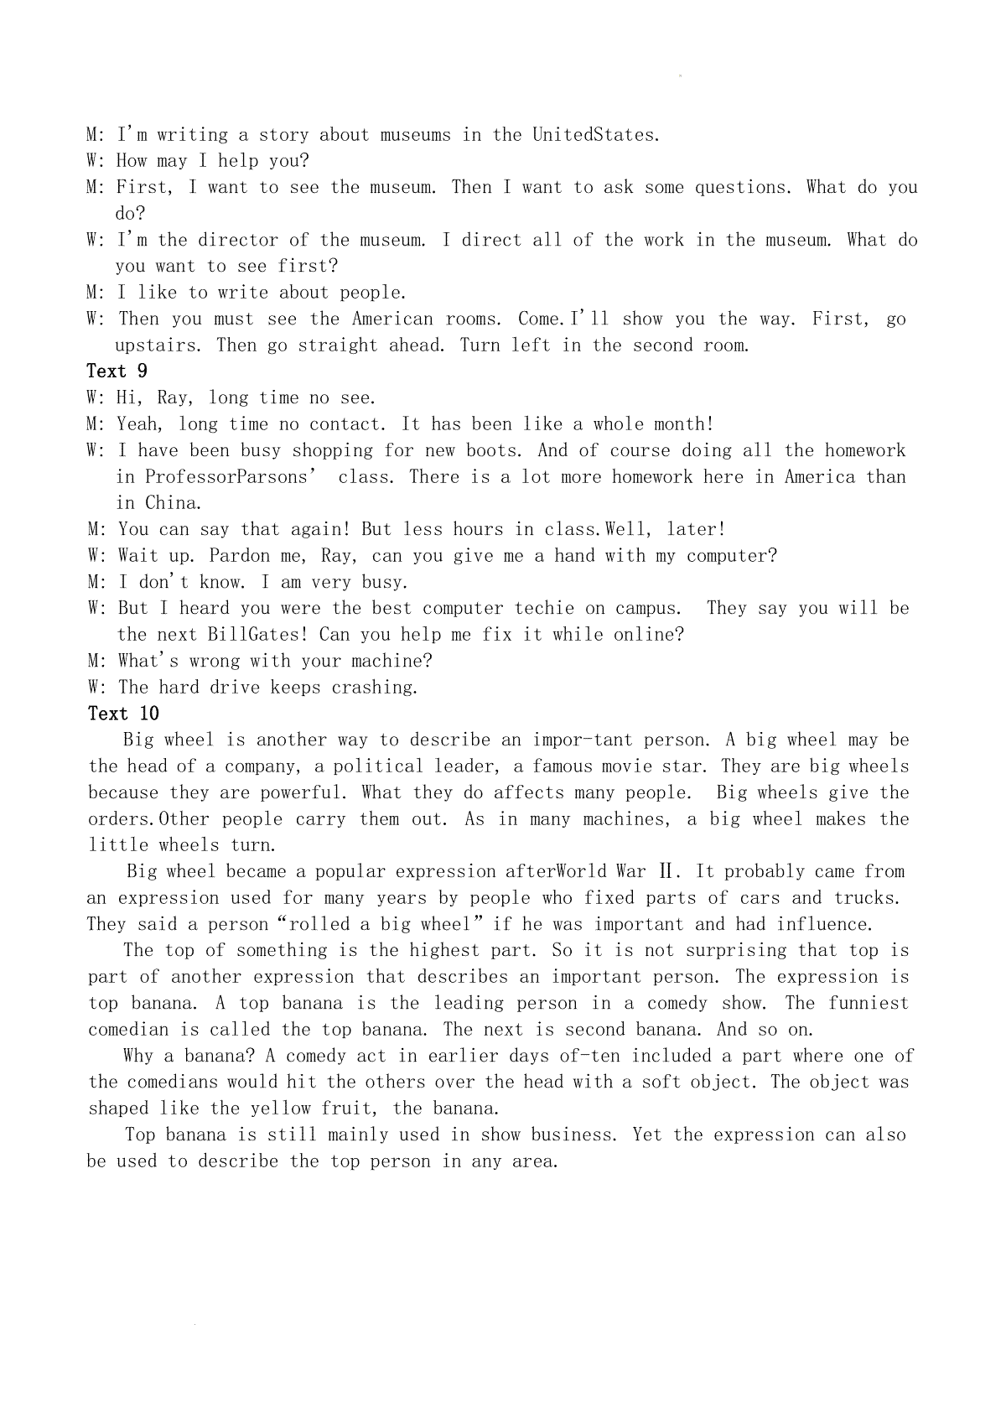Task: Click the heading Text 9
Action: (x=117, y=371)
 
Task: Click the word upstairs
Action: (x=156, y=345)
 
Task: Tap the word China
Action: (x=173, y=503)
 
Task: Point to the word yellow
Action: (x=282, y=1109)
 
